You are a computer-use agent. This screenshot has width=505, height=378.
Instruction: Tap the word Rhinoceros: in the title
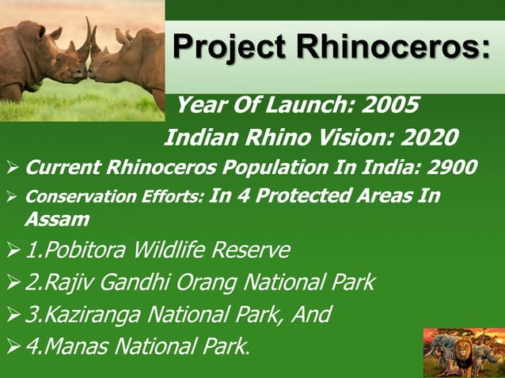tap(393, 47)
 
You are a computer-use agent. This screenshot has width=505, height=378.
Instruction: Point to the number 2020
tap(428, 138)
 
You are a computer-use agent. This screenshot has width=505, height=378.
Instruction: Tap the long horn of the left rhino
tap(85, 41)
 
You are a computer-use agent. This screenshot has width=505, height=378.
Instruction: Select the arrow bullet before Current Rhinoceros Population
tap(11, 168)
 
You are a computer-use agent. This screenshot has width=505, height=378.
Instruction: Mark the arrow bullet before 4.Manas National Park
tap(11, 347)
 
